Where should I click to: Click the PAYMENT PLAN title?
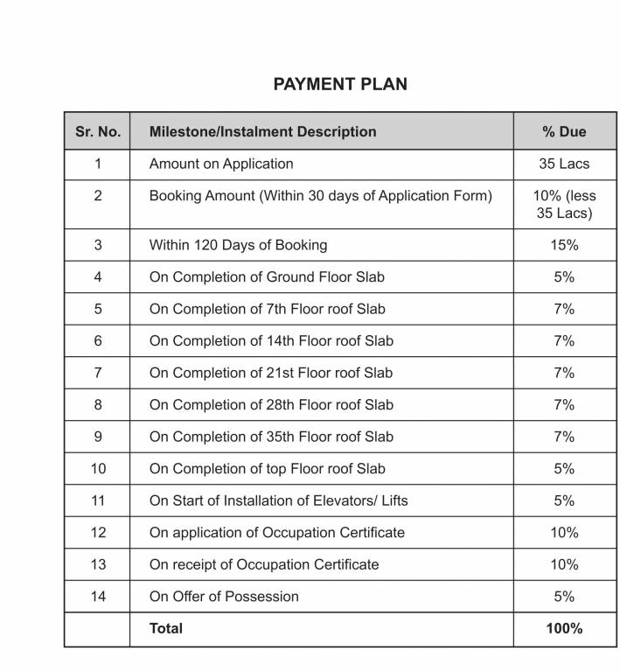(339, 85)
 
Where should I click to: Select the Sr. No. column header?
(98, 132)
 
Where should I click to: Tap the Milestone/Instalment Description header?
(262, 132)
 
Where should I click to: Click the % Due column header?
(564, 132)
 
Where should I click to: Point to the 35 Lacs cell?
(564, 164)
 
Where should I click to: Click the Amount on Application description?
(221, 164)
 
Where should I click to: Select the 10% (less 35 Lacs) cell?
(564, 205)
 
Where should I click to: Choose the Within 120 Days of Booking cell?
(238, 245)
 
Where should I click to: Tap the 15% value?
(564, 245)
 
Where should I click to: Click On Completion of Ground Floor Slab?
(267, 277)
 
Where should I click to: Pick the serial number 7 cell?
(98, 373)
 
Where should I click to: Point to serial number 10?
(98, 469)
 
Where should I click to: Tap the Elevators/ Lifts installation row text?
(278, 500)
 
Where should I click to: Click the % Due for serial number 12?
(564, 533)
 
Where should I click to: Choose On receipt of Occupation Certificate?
(264, 564)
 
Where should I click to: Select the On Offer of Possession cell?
(224, 597)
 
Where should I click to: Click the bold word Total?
(166, 628)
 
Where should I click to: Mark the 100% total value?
(564, 628)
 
